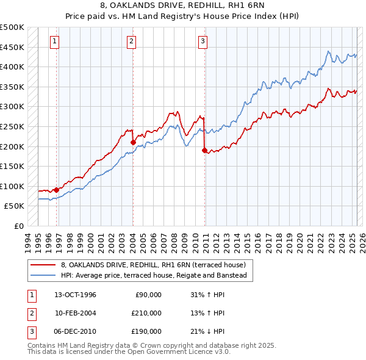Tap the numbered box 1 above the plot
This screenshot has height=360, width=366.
pos(55,41)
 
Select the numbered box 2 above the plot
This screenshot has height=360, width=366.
pos(132,41)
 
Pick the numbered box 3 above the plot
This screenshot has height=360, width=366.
pos(203,41)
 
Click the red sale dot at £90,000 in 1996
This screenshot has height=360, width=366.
pos(56,190)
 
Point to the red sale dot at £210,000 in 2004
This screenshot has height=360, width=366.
pos(133,142)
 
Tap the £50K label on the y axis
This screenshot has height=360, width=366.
pos(15,206)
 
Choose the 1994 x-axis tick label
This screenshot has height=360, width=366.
pos(28,238)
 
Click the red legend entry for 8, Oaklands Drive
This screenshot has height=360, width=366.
pos(152,265)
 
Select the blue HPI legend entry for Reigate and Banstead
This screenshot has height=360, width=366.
pos(153,276)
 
